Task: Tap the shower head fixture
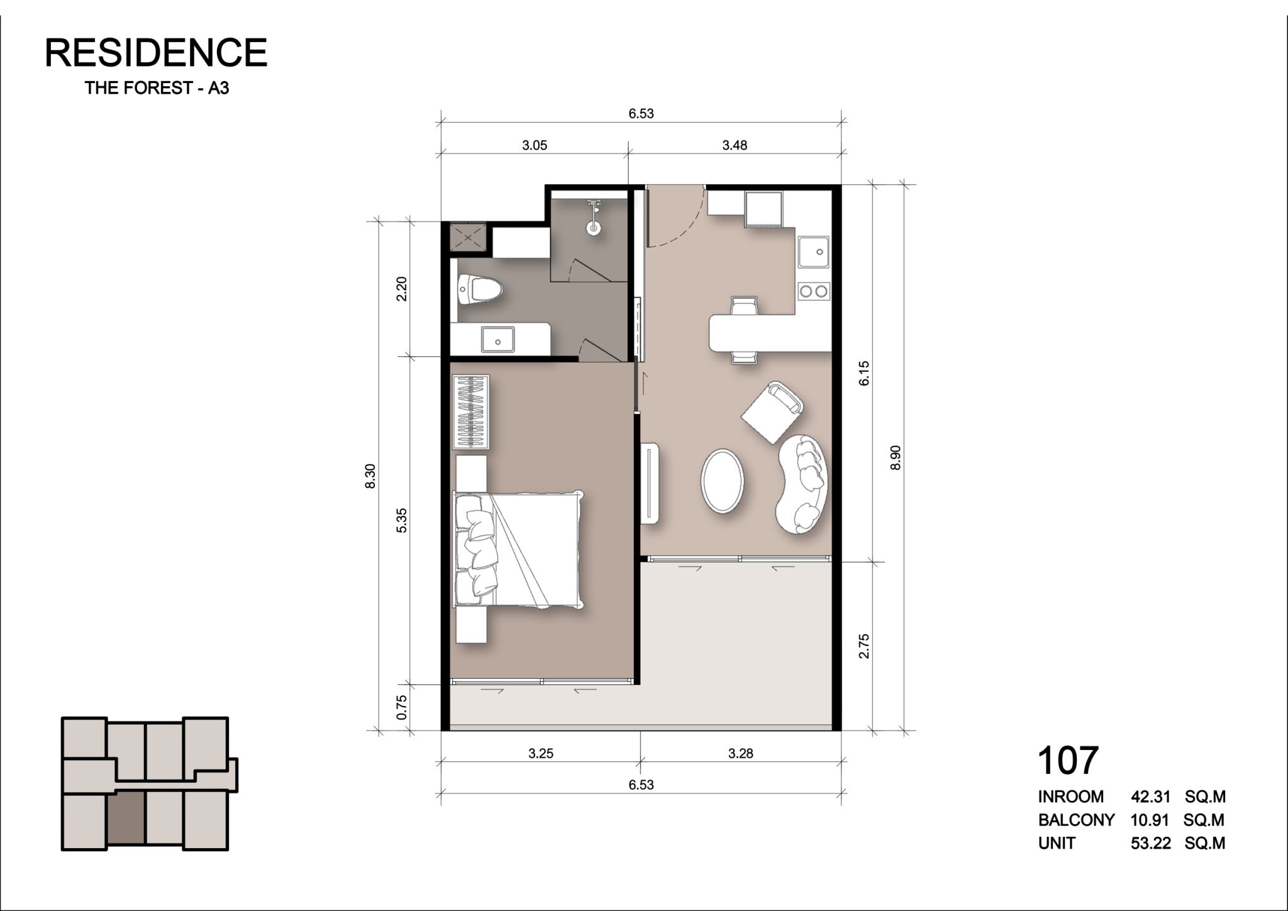592,217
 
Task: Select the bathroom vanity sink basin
498,340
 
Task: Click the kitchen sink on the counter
813,252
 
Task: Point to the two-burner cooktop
814,291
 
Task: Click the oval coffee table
723,480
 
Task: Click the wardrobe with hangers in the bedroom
471,412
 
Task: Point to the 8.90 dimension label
896,457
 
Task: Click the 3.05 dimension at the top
535,145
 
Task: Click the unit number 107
1068,760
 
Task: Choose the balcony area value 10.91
1149,820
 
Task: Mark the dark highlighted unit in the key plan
126,818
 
